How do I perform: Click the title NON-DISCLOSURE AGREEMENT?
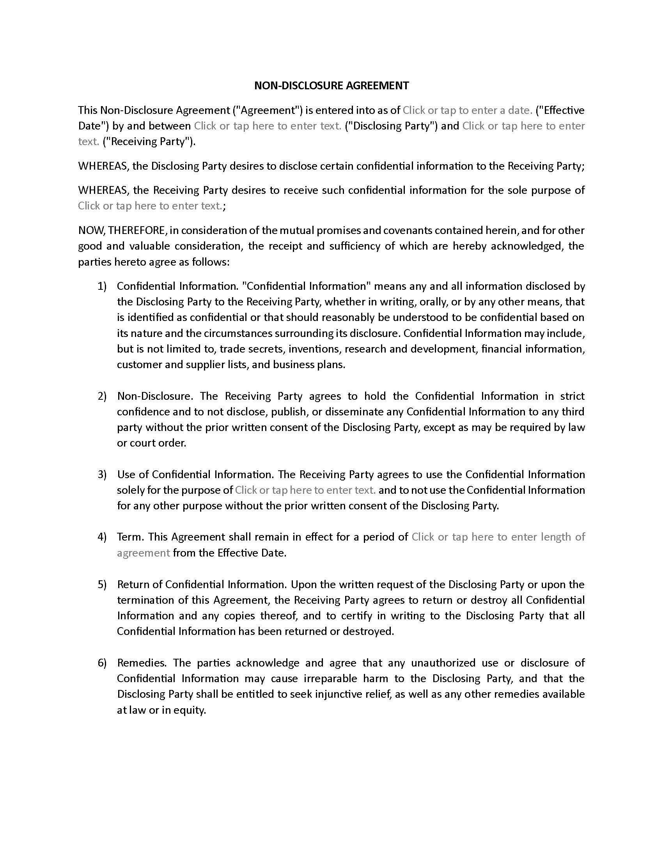click(331, 86)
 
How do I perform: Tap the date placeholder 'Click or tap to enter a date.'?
click(467, 110)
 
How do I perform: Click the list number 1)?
click(102, 286)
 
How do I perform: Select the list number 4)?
click(102, 537)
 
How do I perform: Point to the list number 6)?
click(102, 663)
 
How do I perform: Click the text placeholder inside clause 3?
click(305, 490)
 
